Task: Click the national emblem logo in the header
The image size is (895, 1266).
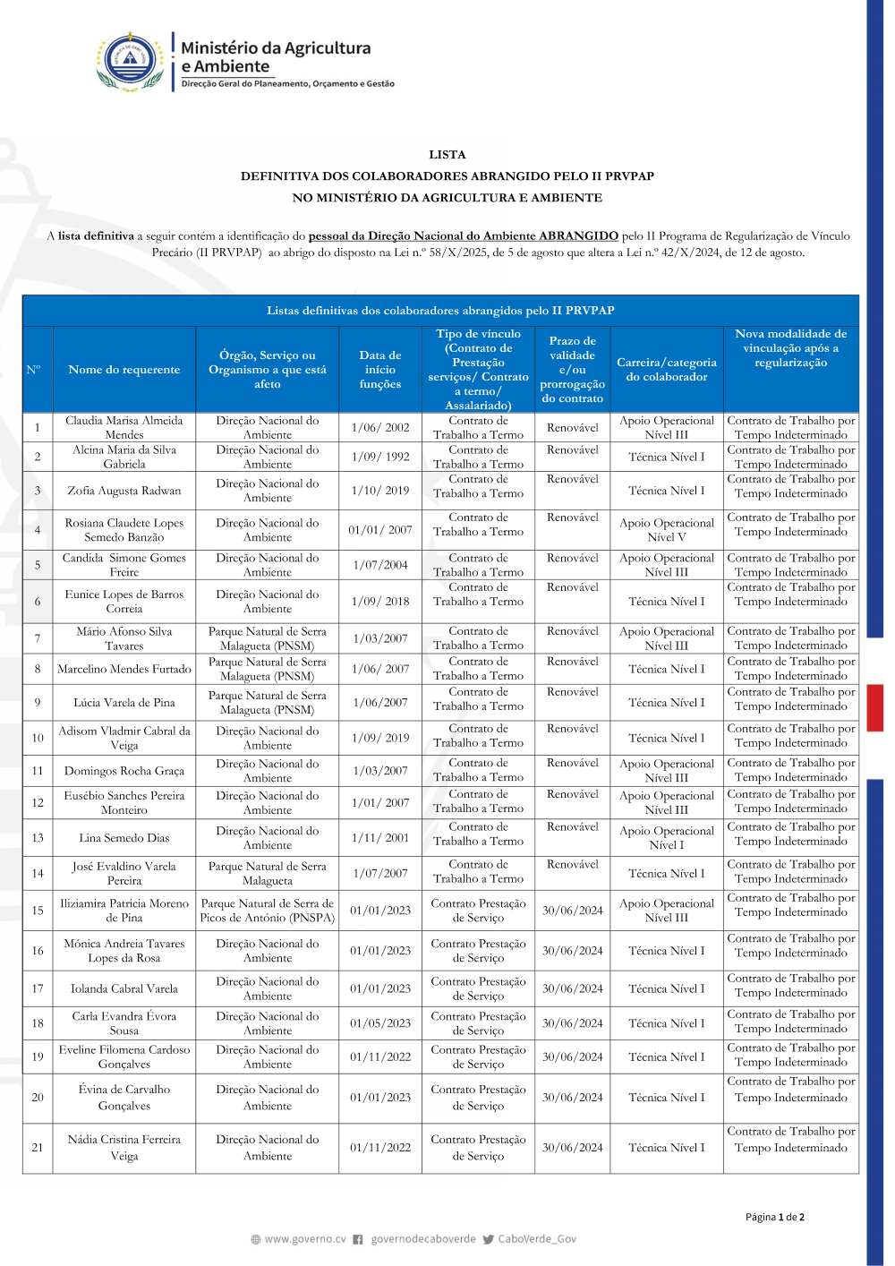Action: coord(132,62)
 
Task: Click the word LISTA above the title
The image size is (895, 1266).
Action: coord(447,154)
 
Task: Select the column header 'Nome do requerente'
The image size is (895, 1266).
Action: coord(124,369)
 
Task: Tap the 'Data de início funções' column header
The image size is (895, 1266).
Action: coord(379,369)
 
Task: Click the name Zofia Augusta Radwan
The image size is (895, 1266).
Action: coord(124,491)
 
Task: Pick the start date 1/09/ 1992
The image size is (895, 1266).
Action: coord(379,457)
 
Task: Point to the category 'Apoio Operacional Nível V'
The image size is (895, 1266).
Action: coord(666,530)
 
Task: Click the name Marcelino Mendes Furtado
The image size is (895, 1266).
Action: coord(124,669)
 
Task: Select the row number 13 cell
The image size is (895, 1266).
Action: coord(38,838)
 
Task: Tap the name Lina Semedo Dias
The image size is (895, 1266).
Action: coord(124,838)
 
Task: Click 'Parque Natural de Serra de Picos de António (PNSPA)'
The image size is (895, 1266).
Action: coord(267,911)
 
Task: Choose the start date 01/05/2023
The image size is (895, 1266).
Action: coord(379,1023)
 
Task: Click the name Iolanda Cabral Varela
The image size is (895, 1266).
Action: coord(124,988)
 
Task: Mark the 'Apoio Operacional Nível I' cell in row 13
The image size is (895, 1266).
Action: coord(666,838)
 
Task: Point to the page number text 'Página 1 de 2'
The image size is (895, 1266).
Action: coord(774,1217)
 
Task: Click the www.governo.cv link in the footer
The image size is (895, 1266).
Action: coord(304,1239)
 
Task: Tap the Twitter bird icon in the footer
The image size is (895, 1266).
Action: coord(488,1240)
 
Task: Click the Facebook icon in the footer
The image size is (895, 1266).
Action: coord(358,1240)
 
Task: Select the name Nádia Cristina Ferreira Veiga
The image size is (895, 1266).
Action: coord(124,1148)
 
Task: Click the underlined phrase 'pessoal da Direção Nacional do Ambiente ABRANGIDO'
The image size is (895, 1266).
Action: coord(463,236)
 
